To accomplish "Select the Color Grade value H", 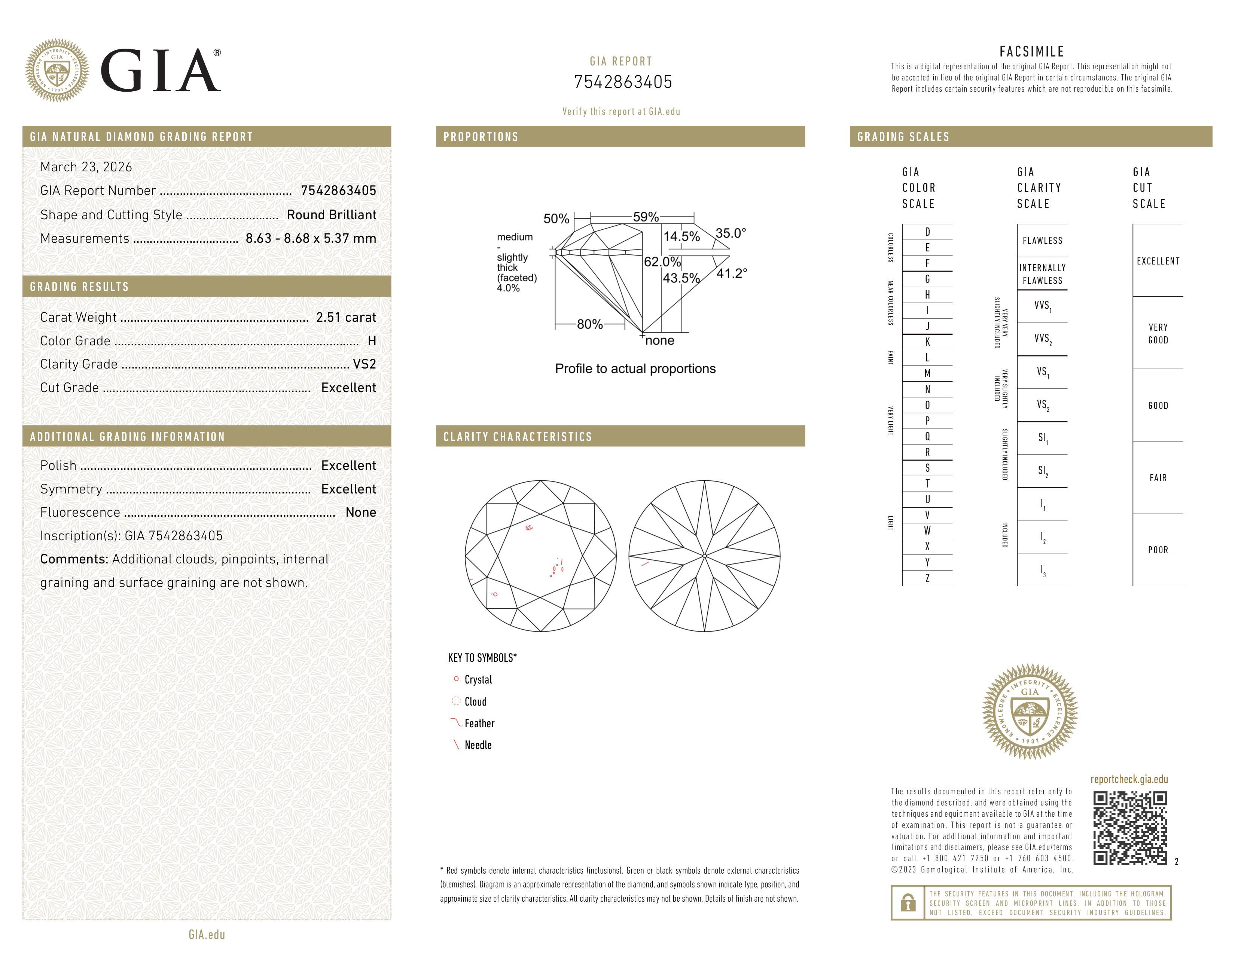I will coord(372,341).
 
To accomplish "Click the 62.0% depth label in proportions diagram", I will coord(662,262).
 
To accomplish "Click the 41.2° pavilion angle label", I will coord(731,273).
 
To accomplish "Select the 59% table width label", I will coord(646,217).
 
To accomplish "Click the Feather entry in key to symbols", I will coord(479,724).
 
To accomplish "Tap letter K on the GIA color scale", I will coord(927,342).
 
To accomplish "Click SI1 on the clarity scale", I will coord(1042,438).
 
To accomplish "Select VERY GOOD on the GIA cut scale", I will coord(1158,333).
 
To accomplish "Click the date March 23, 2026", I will coord(86,167).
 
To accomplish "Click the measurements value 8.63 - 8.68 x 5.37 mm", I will coord(311,239).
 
